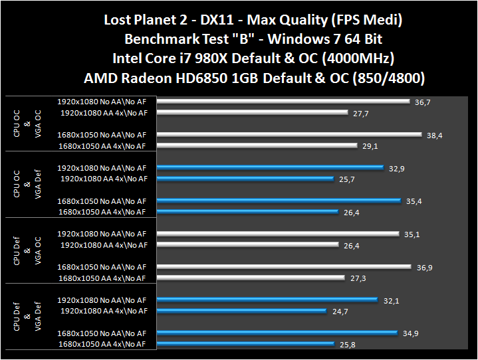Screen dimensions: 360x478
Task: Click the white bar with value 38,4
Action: point(290,135)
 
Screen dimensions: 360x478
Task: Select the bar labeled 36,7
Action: point(284,102)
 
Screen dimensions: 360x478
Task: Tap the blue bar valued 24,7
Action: point(242,311)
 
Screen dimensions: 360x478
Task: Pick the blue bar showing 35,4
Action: point(279,201)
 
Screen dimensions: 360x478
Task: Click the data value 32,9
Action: point(397,169)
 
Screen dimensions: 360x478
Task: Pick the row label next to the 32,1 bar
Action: point(102,300)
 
